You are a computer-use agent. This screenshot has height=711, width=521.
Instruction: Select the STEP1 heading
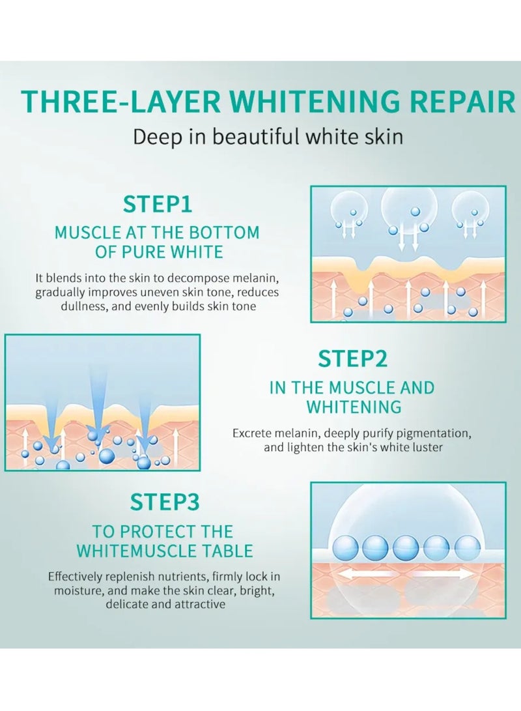point(158,204)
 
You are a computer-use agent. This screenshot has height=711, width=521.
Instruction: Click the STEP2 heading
point(353,358)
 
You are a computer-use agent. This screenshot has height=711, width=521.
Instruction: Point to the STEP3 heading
point(165,502)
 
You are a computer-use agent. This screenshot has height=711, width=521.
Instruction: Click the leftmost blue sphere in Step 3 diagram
point(346,548)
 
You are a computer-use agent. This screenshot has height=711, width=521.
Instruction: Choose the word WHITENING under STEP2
point(354,407)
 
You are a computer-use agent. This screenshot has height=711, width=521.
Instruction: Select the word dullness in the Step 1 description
point(83,306)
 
